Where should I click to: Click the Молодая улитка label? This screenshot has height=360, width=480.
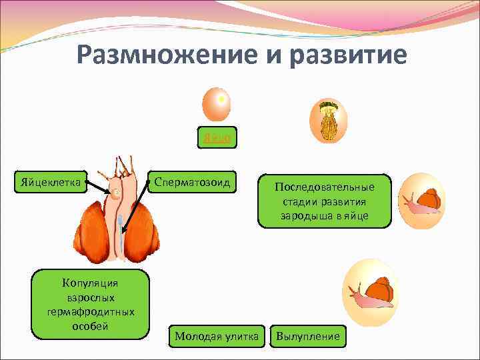pos(217,337)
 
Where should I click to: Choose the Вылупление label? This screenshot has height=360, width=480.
pos(308,337)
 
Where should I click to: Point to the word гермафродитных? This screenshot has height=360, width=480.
pos(91,311)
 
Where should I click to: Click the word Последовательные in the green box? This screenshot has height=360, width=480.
pos(325,187)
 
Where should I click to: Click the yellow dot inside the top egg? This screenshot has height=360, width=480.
pos(221,99)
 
